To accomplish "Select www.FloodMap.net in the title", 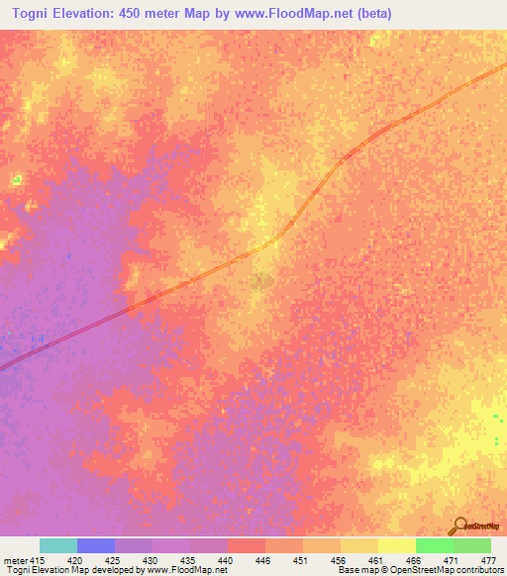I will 287,13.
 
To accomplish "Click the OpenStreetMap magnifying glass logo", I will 458,526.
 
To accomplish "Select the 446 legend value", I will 247,559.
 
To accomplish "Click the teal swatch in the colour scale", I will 58,545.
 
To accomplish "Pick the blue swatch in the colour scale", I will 96,545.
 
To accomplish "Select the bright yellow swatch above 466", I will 397,545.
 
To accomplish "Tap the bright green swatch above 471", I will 435,545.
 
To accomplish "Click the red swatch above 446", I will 247,545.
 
